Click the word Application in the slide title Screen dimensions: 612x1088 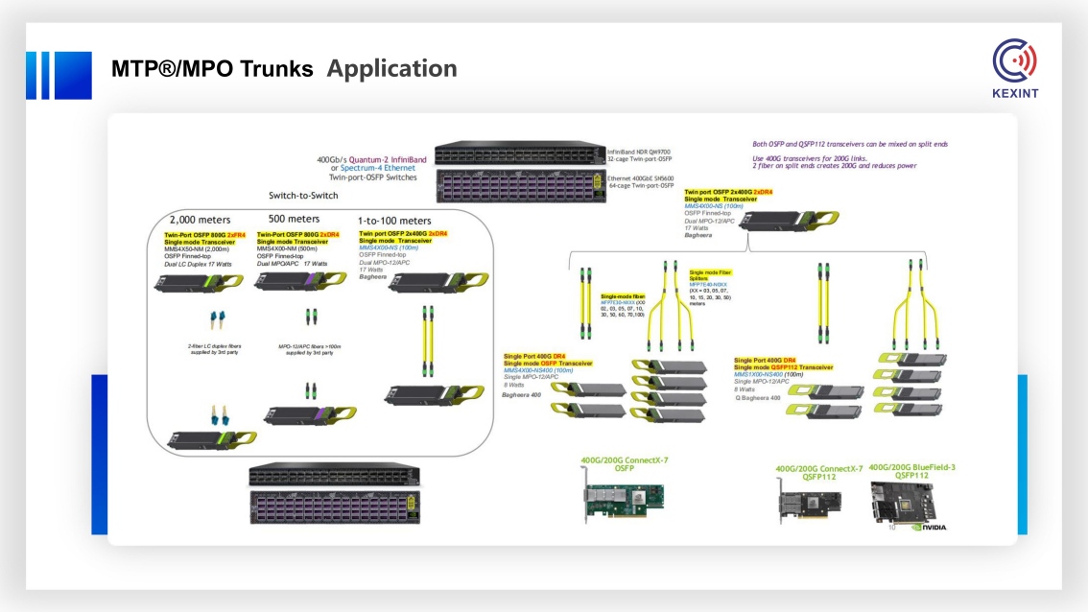tap(391, 69)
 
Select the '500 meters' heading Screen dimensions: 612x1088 tap(294, 220)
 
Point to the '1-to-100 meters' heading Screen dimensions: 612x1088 tap(394, 221)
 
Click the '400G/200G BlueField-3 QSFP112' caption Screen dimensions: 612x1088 tap(911, 471)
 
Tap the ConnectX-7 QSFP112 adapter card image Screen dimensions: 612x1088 tap(809, 503)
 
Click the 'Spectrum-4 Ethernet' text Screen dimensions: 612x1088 tap(380, 169)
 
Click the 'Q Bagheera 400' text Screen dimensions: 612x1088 tap(758, 397)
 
